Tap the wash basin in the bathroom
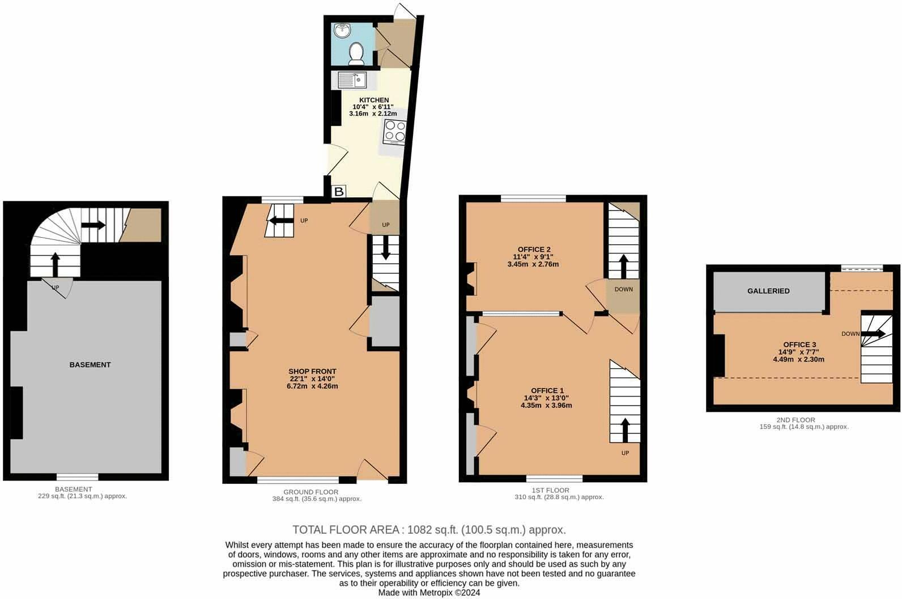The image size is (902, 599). click(343, 31)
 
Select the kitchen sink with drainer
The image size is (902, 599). click(352, 80)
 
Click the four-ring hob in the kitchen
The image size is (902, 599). click(395, 131)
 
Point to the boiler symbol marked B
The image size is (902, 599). click(339, 192)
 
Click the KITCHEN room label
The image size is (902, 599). click(374, 100)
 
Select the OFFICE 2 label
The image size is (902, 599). click(534, 250)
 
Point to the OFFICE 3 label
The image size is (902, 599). click(799, 345)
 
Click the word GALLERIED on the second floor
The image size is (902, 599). click(768, 291)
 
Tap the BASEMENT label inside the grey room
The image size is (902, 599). click(90, 365)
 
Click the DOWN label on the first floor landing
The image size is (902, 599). click(623, 289)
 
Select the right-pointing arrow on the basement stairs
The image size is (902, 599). click(93, 225)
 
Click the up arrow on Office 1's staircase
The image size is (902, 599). click(625, 429)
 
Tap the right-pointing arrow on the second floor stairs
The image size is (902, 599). click(873, 334)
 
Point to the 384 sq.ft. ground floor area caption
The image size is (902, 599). click(317, 499)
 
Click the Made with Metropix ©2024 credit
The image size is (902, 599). click(429, 593)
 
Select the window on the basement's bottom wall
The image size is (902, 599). click(77, 476)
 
